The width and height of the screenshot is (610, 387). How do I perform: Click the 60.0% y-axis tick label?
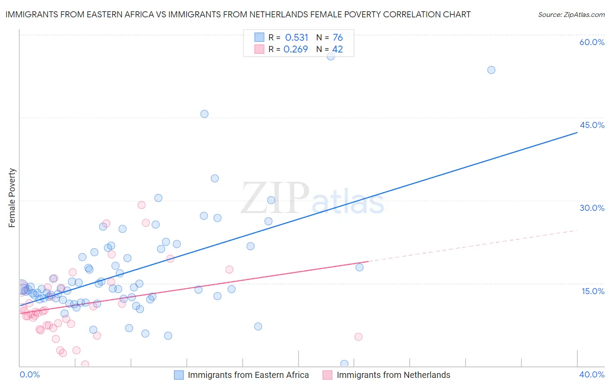point(592,42)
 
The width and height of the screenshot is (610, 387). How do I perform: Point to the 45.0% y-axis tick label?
point(592,125)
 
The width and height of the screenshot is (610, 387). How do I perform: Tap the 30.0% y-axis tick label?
point(592,208)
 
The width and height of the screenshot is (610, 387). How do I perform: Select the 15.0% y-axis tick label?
point(593,291)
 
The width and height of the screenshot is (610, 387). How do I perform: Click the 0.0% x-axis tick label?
point(30,374)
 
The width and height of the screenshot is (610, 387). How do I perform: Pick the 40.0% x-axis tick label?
point(592,374)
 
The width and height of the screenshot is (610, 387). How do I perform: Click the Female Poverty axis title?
point(12,198)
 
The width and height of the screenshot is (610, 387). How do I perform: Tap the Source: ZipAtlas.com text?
point(571,15)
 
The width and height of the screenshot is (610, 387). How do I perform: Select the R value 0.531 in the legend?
point(296,38)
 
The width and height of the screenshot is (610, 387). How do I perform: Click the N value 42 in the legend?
point(338,49)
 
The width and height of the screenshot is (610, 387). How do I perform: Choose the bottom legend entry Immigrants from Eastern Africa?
point(248,375)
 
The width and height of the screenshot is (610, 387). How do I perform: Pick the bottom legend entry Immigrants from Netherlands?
point(393,375)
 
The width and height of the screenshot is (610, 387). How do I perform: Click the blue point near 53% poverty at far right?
point(491,70)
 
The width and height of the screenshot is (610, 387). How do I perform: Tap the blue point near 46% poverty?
point(204,114)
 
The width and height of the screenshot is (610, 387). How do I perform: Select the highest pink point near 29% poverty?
point(141,205)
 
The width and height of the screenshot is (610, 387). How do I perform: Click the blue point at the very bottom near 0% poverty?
point(344,364)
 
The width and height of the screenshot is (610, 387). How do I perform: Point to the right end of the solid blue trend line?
point(577,132)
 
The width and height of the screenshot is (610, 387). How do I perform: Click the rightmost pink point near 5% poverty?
point(358,337)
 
